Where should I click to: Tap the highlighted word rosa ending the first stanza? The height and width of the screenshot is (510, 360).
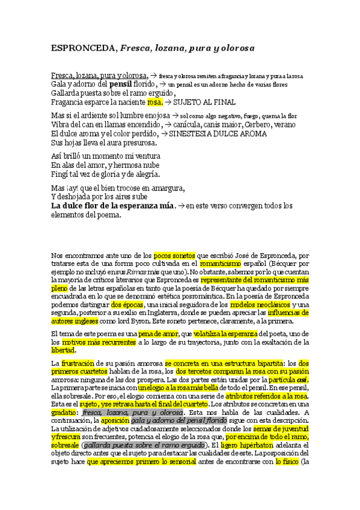tap(155, 103)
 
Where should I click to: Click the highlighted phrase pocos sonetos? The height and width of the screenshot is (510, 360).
tap(174, 255)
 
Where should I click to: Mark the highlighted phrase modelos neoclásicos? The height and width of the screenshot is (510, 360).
tap(264, 305)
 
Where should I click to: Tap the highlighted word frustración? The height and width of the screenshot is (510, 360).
tap(79, 364)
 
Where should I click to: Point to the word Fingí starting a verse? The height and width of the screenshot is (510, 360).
tap(59, 174)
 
